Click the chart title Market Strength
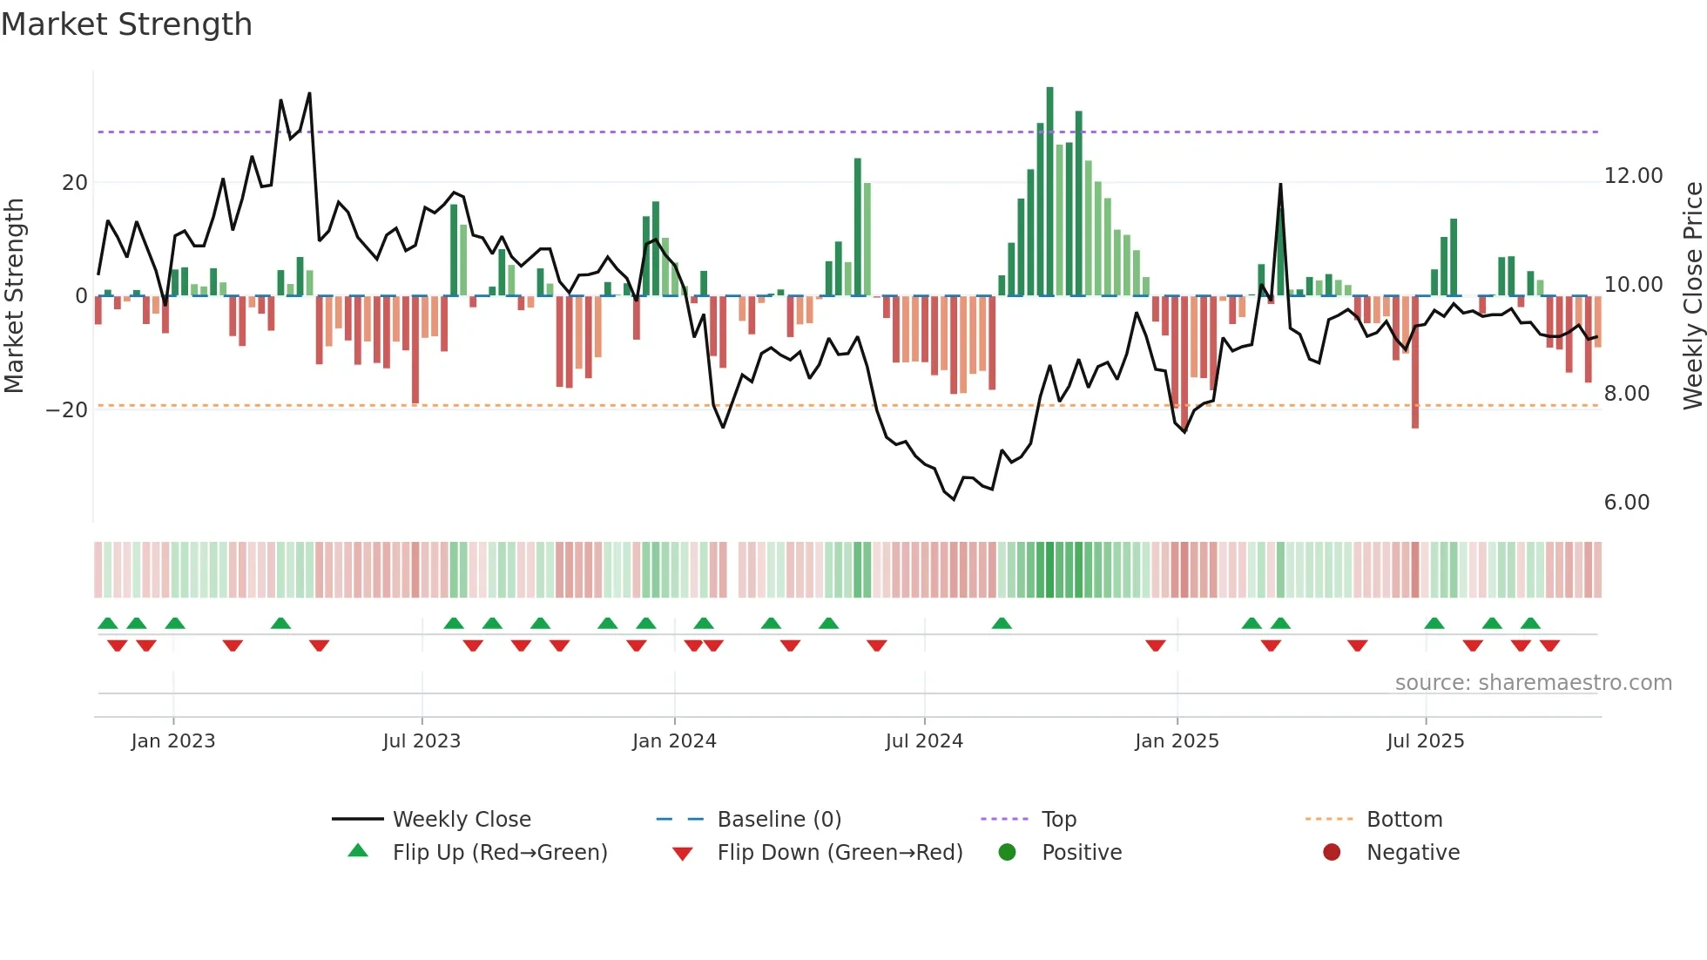tap(126, 24)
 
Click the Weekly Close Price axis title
tap(1692, 295)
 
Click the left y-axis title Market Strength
tap(14, 295)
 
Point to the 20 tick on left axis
tap(75, 183)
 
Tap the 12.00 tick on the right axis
tap(1633, 176)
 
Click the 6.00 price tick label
tap(1626, 503)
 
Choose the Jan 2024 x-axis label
tap(674, 741)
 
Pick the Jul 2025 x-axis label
tap(1425, 741)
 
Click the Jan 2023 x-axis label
tap(173, 741)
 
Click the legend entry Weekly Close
tap(461, 820)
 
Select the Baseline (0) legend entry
tap(779, 820)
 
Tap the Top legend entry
tap(1058, 820)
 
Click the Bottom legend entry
tap(1404, 820)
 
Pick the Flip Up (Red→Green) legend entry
tap(499, 853)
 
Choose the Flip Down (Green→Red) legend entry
tap(840, 853)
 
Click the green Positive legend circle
tap(1008, 853)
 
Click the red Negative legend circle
tap(1332, 853)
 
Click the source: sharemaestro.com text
tap(1533, 683)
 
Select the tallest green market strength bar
tap(1049, 192)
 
